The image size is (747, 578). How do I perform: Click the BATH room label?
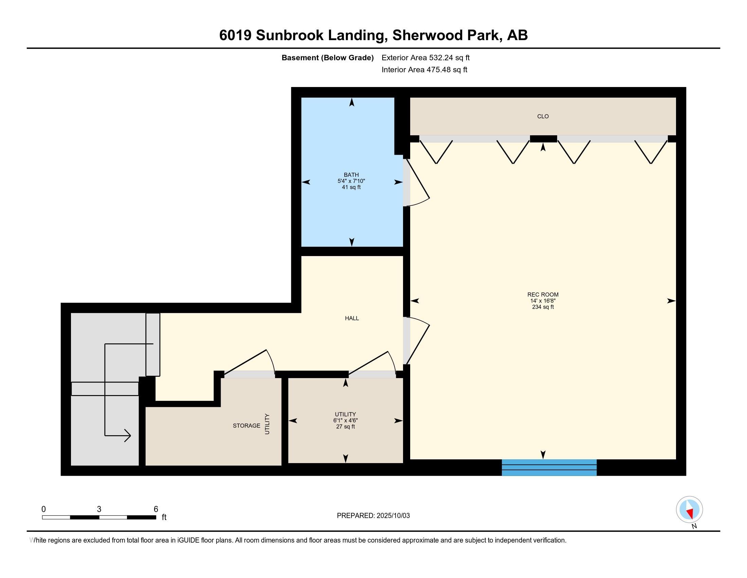pos(351,175)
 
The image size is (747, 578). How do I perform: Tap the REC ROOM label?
pos(543,294)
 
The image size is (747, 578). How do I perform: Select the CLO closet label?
pos(543,116)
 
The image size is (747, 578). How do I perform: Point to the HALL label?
pos(352,318)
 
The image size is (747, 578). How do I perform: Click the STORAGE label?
pos(246,426)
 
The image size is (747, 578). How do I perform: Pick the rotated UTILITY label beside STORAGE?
pos(267,424)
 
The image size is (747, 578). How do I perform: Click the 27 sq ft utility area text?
pos(345,427)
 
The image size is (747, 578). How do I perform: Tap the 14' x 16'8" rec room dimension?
pos(543,301)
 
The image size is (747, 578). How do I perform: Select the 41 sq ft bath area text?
pos(351,187)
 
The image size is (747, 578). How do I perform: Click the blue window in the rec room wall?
pos(549,468)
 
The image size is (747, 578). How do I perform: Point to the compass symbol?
pos(690,510)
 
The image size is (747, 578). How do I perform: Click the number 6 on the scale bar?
pos(156,509)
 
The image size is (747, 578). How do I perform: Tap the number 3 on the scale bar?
pos(99,509)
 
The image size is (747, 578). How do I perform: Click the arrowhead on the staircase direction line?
pos(127,436)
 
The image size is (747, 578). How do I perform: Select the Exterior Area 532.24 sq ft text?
pos(425,58)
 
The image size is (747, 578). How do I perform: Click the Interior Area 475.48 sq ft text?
pos(424,70)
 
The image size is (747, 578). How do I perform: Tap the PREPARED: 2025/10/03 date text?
pos(373,516)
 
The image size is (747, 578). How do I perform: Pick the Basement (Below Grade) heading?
pos(327,58)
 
